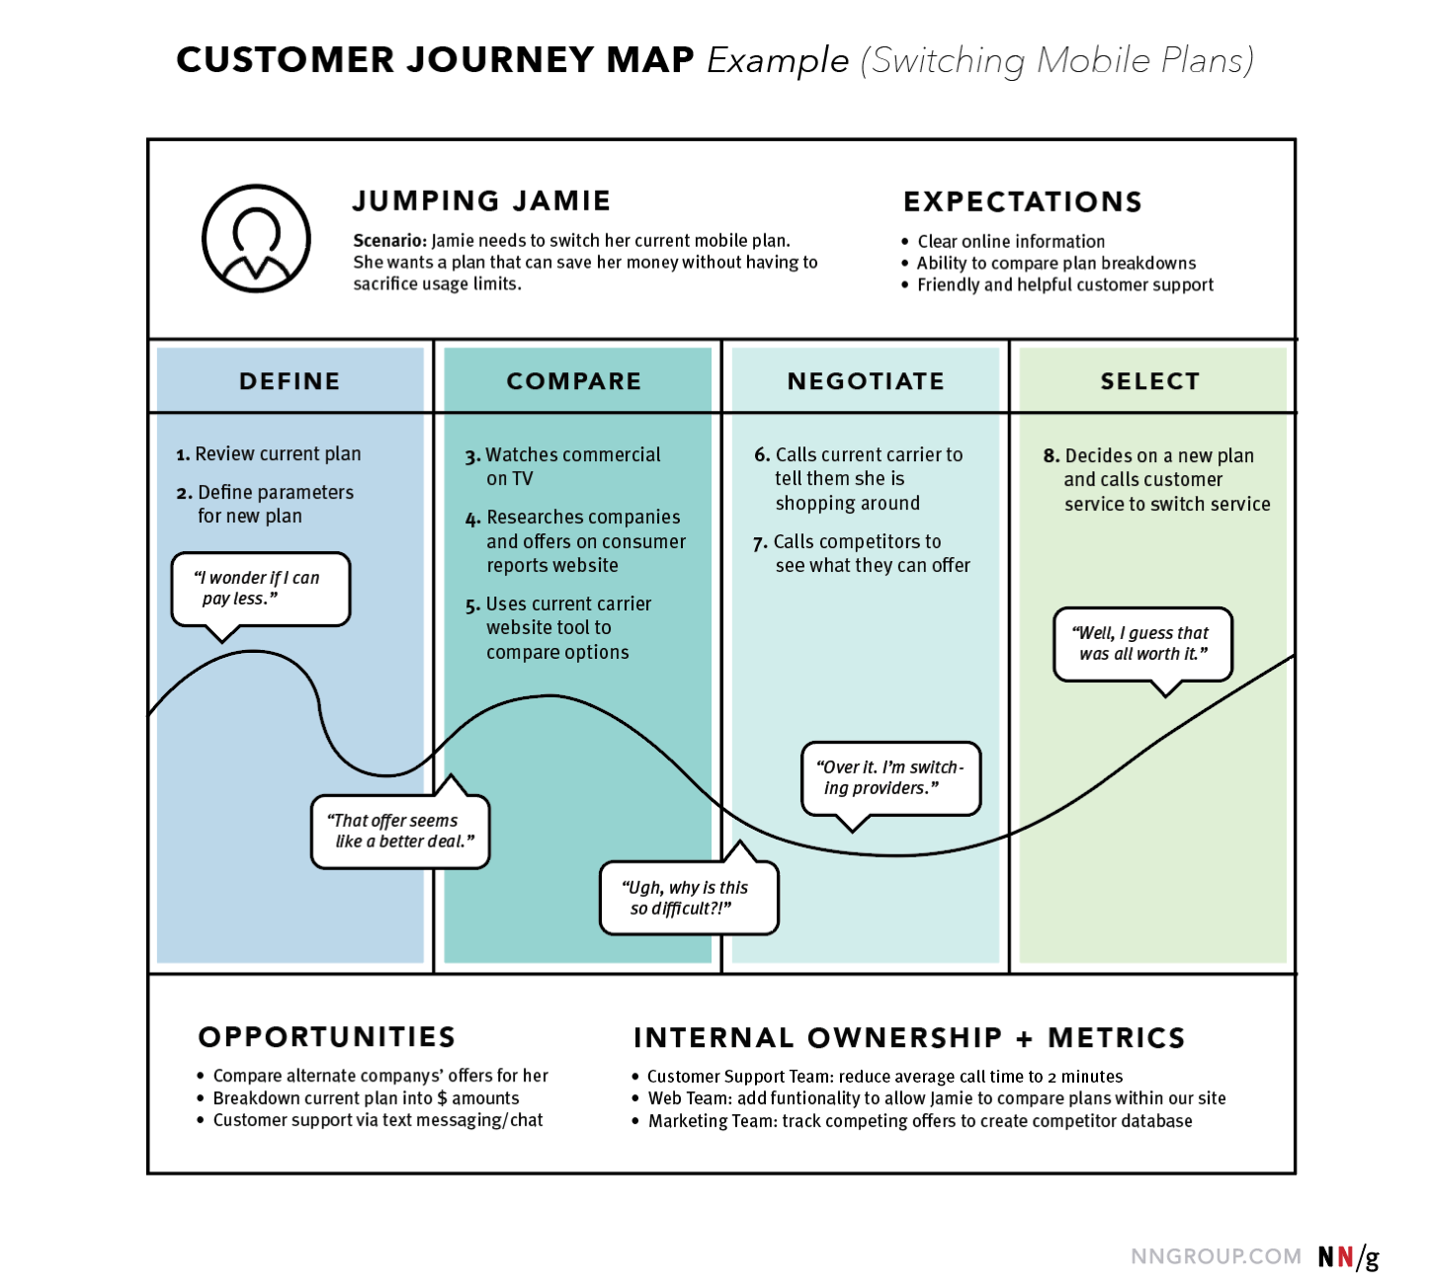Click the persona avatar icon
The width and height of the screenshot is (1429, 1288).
click(256, 238)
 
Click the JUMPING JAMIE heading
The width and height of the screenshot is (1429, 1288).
click(481, 201)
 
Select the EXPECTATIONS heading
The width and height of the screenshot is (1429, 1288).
click(1022, 201)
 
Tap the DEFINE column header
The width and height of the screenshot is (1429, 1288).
click(290, 381)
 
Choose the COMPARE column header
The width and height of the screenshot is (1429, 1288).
click(574, 381)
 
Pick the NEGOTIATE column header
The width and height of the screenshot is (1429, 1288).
click(866, 381)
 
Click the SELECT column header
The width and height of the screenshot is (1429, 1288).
click(1150, 381)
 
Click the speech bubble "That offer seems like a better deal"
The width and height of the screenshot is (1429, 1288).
click(400, 832)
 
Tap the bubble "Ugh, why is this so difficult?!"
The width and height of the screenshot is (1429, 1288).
click(689, 898)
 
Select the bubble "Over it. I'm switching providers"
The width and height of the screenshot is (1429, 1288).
click(890, 778)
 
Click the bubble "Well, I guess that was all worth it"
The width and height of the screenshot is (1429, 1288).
click(1142, 644)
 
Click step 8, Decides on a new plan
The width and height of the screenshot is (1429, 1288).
click(1157, 480)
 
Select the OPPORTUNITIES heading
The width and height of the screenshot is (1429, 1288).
click(327, 1036)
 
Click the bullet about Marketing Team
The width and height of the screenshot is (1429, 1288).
click(919, 1121)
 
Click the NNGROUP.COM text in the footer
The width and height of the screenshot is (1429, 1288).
click(1216, 1256)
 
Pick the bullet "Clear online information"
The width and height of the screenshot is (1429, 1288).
click(1010, 241)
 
